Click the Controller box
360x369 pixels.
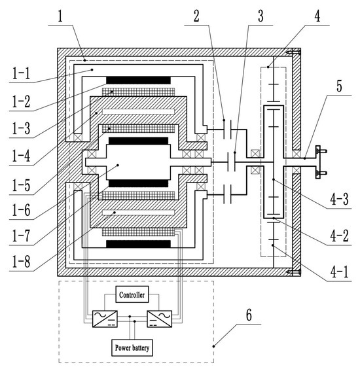click(x=132, y=294)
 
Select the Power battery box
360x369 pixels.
click(x=132, y=347)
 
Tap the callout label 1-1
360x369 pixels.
click(x=21, y=73)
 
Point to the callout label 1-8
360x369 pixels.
click(x=21, y=261)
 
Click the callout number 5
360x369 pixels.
click(x=339, y=86)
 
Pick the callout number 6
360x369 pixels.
click(x=249, y=315)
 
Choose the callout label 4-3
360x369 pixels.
click(x=339, y=200)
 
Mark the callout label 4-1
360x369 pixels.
click(x=339, y=273)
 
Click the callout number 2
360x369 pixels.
click(x=196, y=16)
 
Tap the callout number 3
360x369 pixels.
click(x=261, y=16)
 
